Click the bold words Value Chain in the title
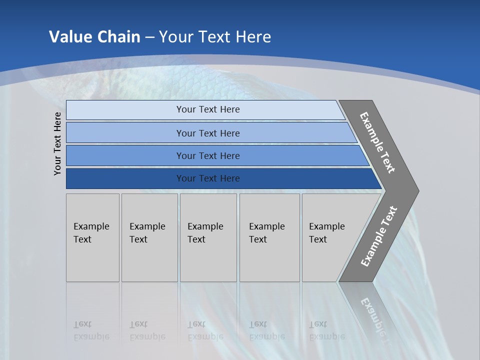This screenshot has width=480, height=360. pos(94,37)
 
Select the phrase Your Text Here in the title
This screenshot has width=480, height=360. pos(215,37)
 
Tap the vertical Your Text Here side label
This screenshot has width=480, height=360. pos(57,143)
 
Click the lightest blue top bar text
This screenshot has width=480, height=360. pos(208,109)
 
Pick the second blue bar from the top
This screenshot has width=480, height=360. pos(208,133)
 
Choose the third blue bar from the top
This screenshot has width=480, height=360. pos(208,155)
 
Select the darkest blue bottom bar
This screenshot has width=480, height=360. pos(208,178)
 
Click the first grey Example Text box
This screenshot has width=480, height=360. pos(92,237)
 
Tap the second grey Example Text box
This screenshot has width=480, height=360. pos(149,237)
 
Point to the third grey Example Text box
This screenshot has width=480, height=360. pos(208,237)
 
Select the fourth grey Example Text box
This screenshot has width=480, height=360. pos(269,237)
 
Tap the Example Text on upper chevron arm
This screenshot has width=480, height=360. pos(377,142)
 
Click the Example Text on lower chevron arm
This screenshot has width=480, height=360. pos(379,236)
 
